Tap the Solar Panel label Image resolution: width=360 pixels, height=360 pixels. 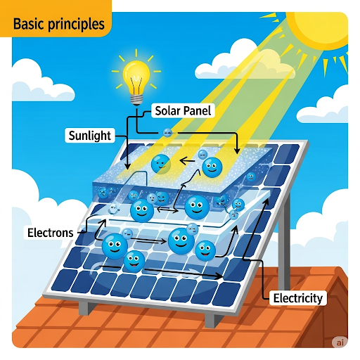tap(183, 110)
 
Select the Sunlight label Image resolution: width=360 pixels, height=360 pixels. tap(90, 136)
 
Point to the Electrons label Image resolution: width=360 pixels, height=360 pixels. tap(51, 233)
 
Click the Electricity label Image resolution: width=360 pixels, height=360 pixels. tap(298, 298)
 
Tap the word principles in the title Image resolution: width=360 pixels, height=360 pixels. tap(76, 25)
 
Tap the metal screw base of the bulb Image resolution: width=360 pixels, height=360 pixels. tap(136, 100)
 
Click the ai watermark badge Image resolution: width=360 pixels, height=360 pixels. tap(340, 342)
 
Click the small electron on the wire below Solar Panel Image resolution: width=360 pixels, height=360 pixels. tap(167, 133)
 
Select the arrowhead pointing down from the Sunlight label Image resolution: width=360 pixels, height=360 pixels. tap(127, 166)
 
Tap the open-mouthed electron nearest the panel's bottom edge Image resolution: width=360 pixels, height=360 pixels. tap(134, 261)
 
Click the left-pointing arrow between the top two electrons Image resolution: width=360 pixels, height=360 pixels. tap(187, 161)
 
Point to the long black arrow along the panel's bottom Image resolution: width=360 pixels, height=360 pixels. tap(161, 271)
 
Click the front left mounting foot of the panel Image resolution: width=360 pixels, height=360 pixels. tap(84, 307)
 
